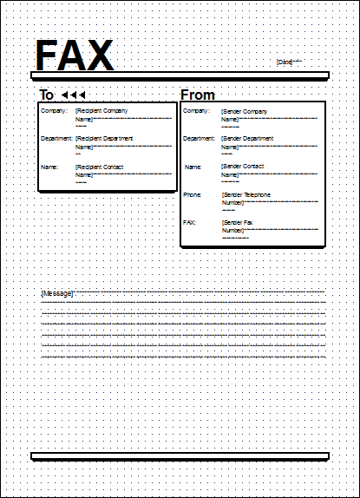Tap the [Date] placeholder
[x=285, y=62]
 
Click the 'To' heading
[x=47, y=95]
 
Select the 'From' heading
[x=198, y=95]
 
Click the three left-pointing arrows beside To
[x=75, y=95]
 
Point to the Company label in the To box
[x=52, y=111]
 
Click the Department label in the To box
[x=56, y=139]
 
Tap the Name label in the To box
[x=49, y=167]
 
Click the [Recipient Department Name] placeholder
[x=101, y=143]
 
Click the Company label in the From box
[x=197, y=111]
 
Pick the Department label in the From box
[x=200, y=139]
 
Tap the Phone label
[x=193, y=195]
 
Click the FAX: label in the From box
[x=190, y=223]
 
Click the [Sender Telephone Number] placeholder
[x=245, y=200]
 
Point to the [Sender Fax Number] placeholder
[x=238, y=227]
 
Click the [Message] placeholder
[x=57, y=294]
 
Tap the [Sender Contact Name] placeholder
[x=243, y=171]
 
